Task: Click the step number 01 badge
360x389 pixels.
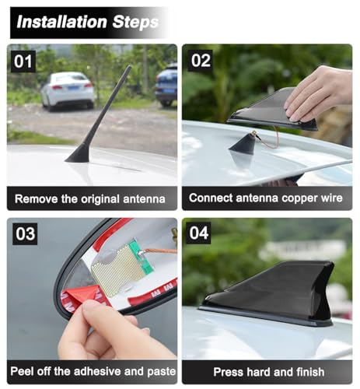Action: [x=23, y=61]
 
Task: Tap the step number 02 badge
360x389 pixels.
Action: [x=201, y=61]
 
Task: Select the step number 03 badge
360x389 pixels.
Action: [x=25, y=233]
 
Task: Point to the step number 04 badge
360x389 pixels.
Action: [x=198, y=233]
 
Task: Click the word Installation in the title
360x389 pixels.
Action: [x=62, y=22]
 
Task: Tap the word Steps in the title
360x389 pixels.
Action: [x=135, y=23]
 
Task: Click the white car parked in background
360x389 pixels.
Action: [x=68, y=90]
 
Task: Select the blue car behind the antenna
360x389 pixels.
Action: [x=166, y=86]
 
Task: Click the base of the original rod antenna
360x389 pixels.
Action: [x=78, y=156]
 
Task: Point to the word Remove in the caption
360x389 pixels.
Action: [x=37, y=199]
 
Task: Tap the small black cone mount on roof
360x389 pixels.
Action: [x=243, y=146]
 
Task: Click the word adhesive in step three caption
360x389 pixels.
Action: [x=97, y=371]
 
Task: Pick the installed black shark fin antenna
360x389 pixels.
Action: [x=267, y=293]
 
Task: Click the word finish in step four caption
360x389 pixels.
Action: [x=310, y=372]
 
